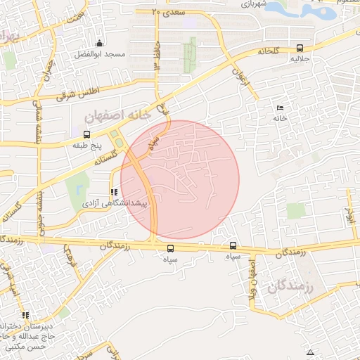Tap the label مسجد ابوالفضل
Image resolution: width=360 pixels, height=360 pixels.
102,54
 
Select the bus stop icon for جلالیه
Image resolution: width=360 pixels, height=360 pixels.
300,49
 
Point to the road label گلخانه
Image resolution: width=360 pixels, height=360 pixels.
269,51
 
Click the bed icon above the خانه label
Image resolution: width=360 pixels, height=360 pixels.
281,108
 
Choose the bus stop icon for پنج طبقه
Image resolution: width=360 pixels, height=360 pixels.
86,134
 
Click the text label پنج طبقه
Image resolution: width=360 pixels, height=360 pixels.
87,145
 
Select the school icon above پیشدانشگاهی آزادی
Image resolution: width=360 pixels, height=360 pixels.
112,191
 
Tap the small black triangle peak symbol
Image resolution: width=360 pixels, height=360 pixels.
311,352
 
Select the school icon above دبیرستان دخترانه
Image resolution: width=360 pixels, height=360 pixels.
26,315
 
